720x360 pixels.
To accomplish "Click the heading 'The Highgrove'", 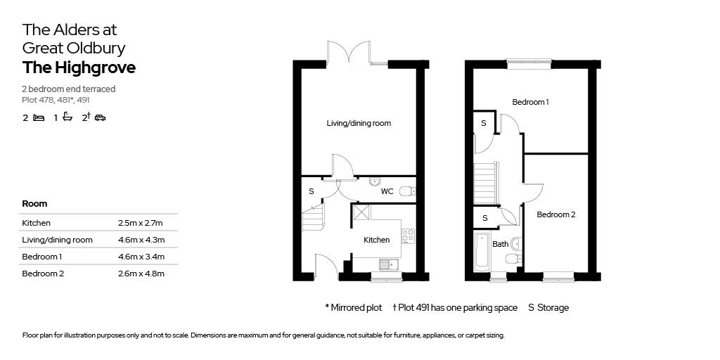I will [x=79, y=68].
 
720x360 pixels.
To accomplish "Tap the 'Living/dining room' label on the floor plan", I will [x=359, y=123].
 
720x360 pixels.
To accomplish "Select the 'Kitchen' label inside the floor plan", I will [x=376, y=240].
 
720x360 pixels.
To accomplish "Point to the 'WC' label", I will [x=387, y=191].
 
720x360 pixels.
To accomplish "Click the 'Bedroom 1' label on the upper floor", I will [x=530, y=102].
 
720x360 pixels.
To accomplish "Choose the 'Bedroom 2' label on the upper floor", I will [x=555, y=214].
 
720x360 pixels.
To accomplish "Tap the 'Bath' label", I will [x=500, y=245].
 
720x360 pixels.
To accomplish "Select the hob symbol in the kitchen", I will [x=409, y=236].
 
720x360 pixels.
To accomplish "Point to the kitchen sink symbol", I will [x=388, y=265].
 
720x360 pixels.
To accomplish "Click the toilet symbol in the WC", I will [x=406, y=191].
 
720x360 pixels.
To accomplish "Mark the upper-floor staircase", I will [x=485, y=183].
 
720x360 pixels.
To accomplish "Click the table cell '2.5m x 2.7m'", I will [x=141, y=223].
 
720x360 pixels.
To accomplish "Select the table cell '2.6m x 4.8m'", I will [x=141, y=274].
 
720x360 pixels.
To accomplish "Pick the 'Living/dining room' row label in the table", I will [x=58, y=240].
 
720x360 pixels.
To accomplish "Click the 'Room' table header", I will [x=34, y=203].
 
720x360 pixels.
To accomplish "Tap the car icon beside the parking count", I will [x=100, y=118].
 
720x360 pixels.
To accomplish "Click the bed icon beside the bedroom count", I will [x=39, y=118].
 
